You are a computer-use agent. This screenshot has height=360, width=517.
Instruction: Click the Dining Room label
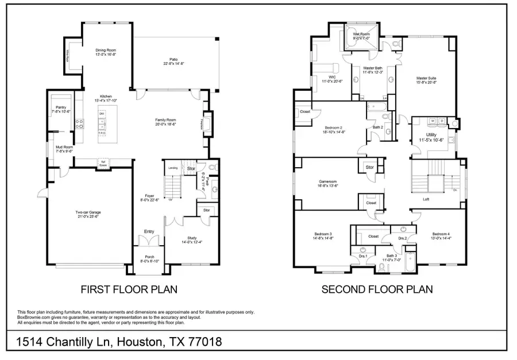[106, 51]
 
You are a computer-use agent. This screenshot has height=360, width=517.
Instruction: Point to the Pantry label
[61, 107]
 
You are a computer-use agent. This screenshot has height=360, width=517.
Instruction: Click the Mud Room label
[64, 147]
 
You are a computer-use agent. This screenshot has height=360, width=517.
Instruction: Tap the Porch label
[149, 258]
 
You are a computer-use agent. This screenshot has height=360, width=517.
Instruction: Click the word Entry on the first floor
[149, 231]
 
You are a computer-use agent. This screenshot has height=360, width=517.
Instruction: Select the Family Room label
[165, 119]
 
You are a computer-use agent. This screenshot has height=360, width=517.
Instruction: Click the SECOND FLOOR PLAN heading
[377, 289]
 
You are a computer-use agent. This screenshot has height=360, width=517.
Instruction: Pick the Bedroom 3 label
[323, 234]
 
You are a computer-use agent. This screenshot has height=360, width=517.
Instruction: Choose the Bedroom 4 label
[441, 234]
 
